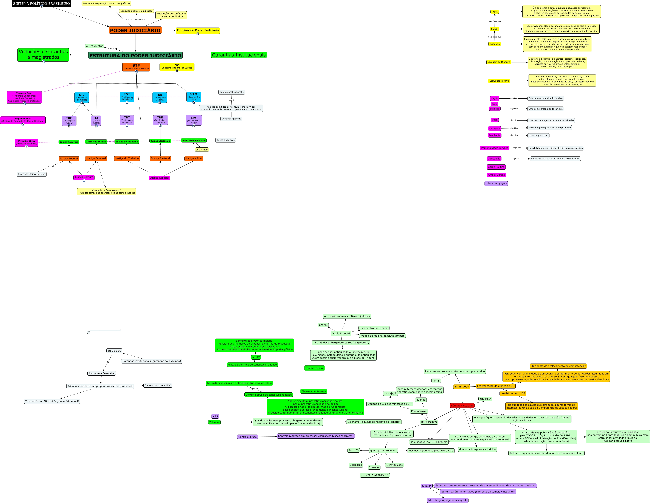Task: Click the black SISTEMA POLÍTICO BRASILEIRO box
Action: coord(41,4)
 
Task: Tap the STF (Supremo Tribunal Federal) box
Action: coord(136,67)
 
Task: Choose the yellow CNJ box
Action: coord(177,67)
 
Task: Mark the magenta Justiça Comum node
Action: coord(84,177)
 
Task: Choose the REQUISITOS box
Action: coord(429,422)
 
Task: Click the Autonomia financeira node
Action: coord(101,373)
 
